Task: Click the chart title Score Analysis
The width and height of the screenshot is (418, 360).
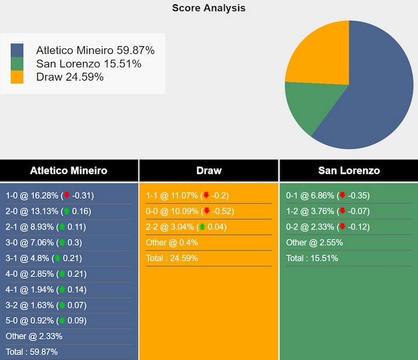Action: (208, 8)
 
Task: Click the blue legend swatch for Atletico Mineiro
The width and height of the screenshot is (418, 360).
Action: (17, 50)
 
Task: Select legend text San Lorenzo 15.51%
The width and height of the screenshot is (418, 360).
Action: (88, 64)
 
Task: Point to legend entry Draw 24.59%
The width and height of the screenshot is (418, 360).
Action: (70, 77)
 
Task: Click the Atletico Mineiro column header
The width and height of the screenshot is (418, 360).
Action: (68, 170)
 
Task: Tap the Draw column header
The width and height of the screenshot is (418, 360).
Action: (208, 170)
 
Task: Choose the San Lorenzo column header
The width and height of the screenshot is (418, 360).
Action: (348, 170)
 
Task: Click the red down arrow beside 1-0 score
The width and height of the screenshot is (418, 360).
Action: (67, 196)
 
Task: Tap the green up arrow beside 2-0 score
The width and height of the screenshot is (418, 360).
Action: (67, 212)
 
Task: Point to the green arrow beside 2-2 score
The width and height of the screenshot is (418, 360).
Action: (202, 227)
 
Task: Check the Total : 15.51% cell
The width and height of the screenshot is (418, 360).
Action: (312, 258)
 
